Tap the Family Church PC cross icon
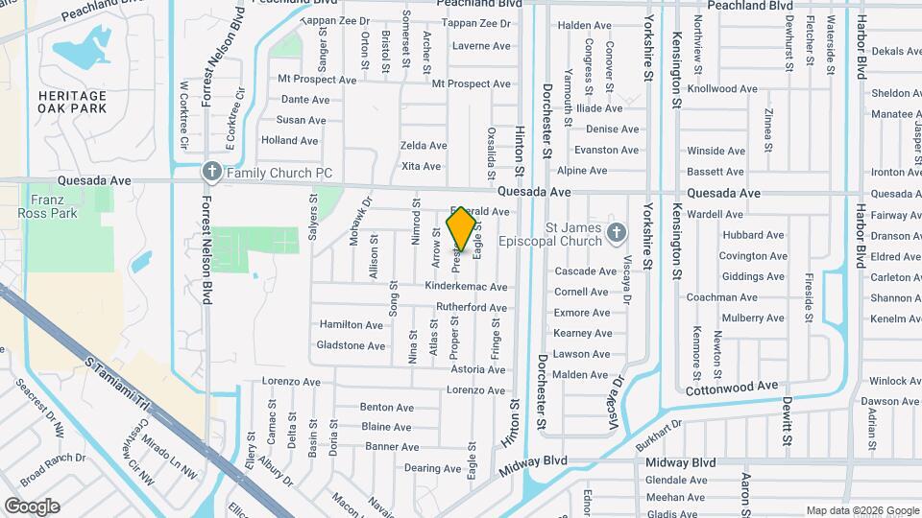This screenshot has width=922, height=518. point(211,173)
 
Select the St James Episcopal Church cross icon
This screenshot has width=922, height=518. point(617,233)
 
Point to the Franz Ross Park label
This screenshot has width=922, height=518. point(53,206)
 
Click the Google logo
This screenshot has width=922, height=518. point(32,506)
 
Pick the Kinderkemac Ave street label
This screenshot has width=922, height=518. point(466,287)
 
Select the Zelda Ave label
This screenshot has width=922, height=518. point(424,146)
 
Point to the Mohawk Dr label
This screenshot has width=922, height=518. point(360,222)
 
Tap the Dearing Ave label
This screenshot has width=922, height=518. point(406,468)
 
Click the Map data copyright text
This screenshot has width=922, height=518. point(862,510)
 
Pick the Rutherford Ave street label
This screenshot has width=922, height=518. point(471,308)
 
